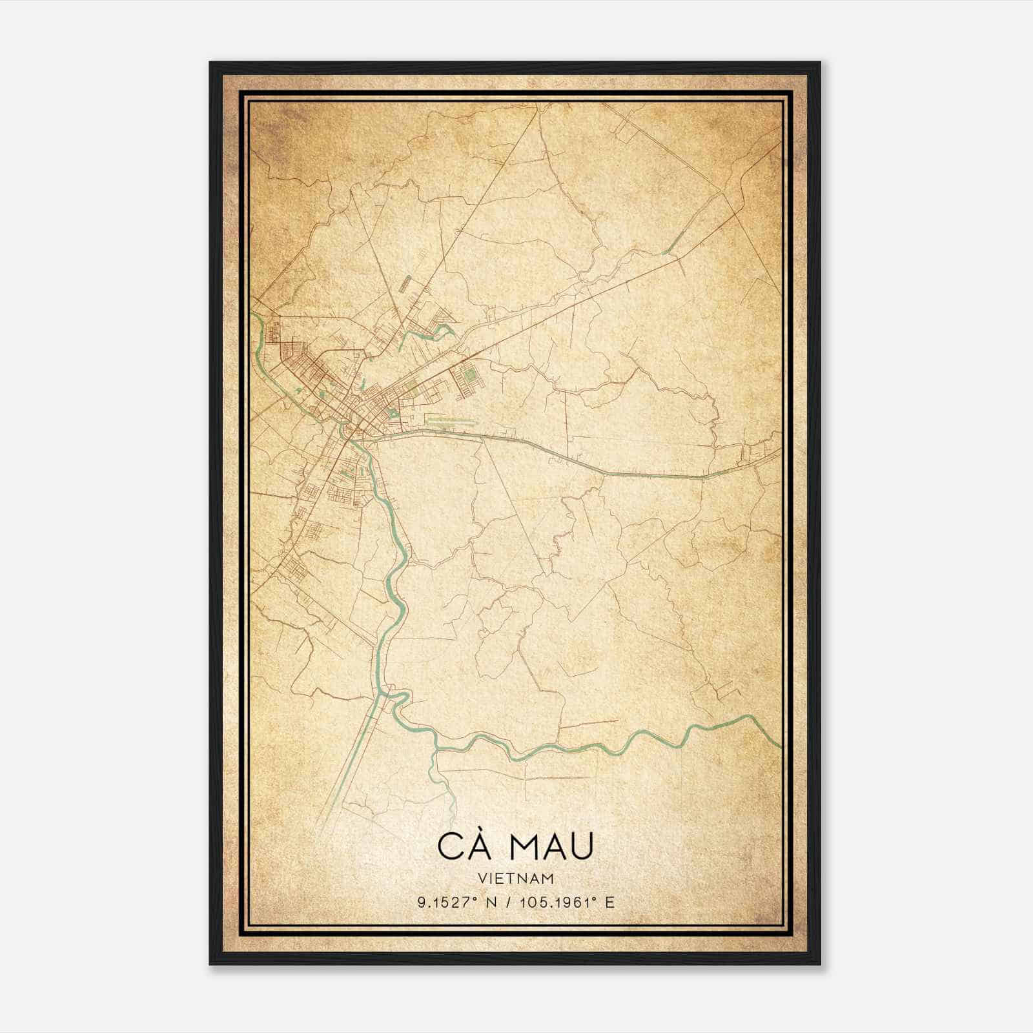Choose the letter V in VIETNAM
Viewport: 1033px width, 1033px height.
coord(482,878)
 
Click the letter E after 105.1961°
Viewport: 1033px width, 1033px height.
coord(610,902)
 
